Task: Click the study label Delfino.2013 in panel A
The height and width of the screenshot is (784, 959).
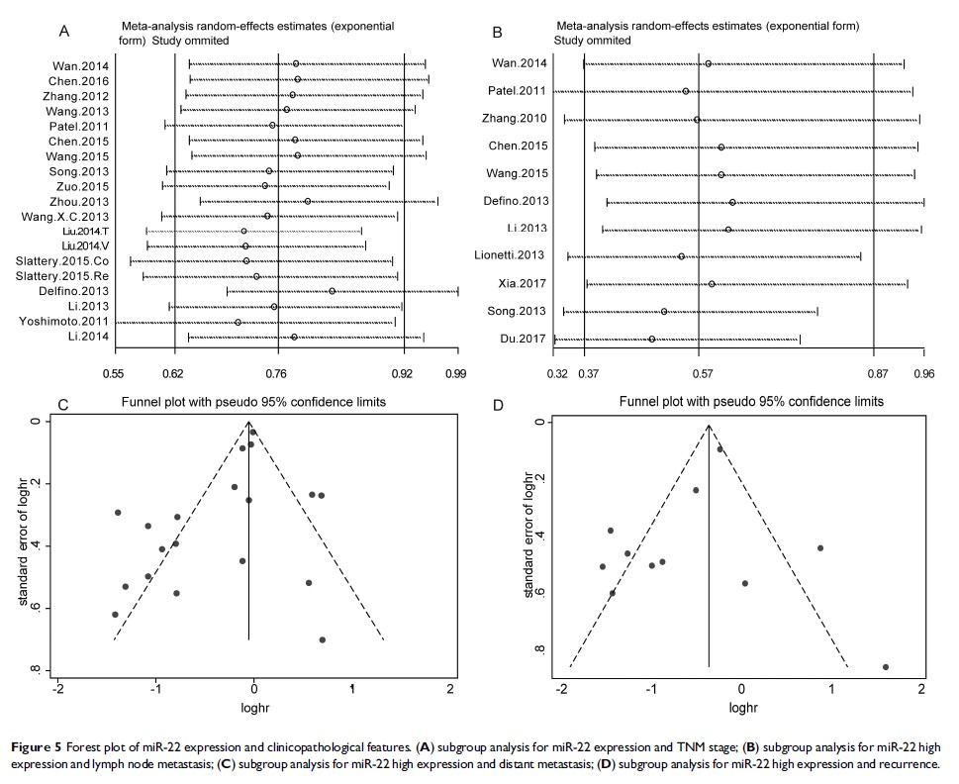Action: (79, 292)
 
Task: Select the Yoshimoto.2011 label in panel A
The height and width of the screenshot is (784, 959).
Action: (72, 322)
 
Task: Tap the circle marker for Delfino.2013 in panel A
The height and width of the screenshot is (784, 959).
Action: (332, 292)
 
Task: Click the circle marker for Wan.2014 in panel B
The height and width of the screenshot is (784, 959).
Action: (708, 63)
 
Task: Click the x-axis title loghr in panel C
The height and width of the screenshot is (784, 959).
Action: (252, 708)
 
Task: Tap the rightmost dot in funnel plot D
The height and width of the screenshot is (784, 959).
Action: (885, 667)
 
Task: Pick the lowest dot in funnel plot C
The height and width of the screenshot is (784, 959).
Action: (323, 639)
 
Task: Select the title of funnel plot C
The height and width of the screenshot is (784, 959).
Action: (253, 402)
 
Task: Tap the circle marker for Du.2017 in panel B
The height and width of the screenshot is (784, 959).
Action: (651, 340)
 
